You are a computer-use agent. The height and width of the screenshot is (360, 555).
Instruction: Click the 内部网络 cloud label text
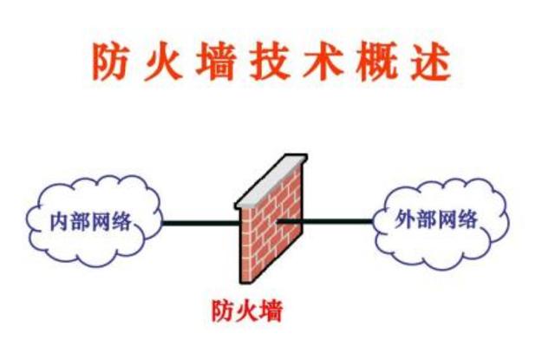click(92, 222)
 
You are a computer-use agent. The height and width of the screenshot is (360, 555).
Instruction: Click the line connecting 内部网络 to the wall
click(199, 223)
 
